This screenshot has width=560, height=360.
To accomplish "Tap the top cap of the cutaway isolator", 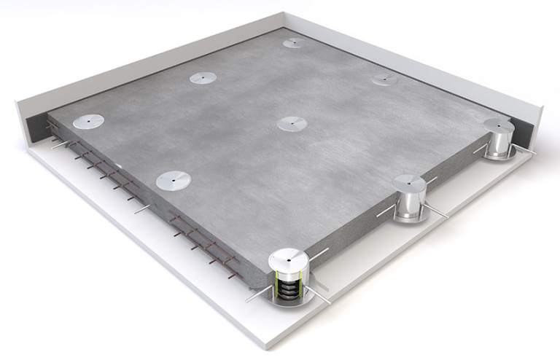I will coord(289,257).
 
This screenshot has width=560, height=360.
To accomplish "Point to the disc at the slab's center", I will coord(292,124).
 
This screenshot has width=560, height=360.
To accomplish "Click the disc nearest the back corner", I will coord(294,43).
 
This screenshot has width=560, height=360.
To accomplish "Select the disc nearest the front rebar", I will coord(174,179).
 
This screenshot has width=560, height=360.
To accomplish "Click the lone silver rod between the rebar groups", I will coord(141,209).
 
